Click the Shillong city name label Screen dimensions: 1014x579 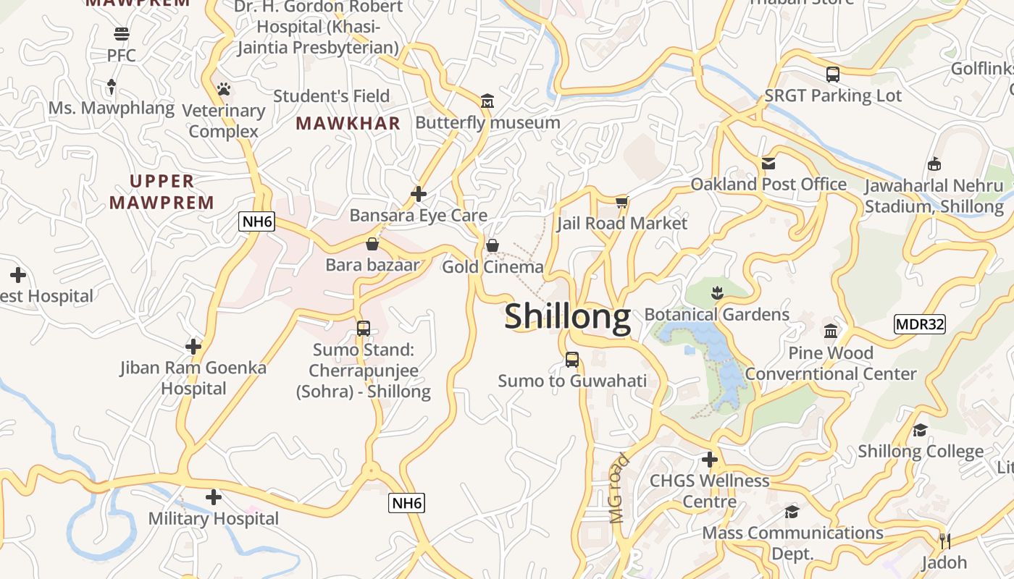pyautogui.click(x=567, y=318)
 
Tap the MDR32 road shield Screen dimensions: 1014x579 pyautogui.click(x=920, y=324)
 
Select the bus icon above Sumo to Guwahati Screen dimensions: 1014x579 pyautogui.click(x=572, y=360)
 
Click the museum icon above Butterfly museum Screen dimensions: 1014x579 pyautogui.click(x=487, y=101)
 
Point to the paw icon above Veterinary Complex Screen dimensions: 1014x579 pyautogui.click(x=224, y=89)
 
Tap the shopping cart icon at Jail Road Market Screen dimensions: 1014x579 pyautogui.click(x=621, y=202)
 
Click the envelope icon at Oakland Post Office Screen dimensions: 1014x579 pyautogui.click(x=768, y=164)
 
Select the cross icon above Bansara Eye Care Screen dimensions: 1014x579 pyautogui.click(x=419, y=194)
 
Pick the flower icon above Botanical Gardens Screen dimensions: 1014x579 pyautogui.click(x=717, y=293)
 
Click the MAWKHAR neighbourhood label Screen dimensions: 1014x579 pyautogui.click(x=348, y=124)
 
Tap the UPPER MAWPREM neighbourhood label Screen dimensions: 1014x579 pyautogui.click(x=162, y=192)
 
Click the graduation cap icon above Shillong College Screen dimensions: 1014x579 pyautogui.click(x=921, y=430)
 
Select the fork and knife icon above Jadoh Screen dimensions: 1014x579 pyautogui.click(x=944, y=541)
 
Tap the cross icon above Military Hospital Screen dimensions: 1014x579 pyautogui.click(x=213, y=497)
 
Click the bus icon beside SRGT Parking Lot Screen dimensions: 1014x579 pyautogui.click(x=833, y=74)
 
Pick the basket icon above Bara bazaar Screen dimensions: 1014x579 pyautogui.click(x=372, y=244)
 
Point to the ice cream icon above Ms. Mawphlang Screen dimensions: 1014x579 pyautogui.click(x=112, y=87)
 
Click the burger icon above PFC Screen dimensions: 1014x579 pyautogui.click(x=121, y=34)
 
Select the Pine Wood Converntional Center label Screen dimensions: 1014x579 pyautogui.click(x=831, y=363)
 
